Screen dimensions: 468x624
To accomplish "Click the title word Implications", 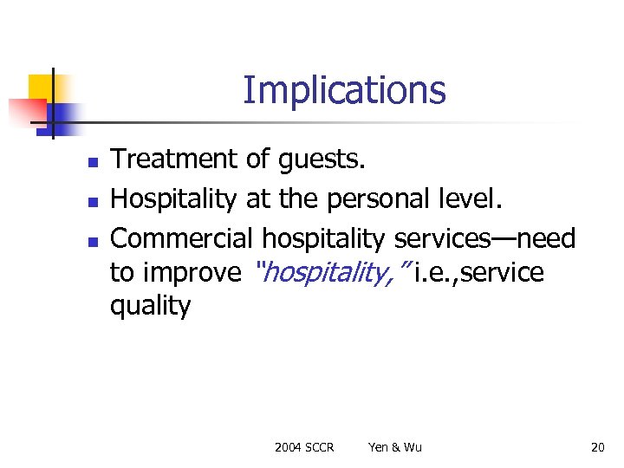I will click(344, 90).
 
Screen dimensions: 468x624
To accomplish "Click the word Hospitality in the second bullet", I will click(173, 199).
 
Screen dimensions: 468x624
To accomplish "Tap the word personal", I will click(383, 199).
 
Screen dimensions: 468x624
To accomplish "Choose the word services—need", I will click(484, 237).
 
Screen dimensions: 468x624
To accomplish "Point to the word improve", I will click(192, 274).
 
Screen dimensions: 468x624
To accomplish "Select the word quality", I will click(150, 306).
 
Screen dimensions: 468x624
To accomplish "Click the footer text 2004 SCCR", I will click(304, 447).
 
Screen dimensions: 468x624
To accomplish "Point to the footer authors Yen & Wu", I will click(395, 447).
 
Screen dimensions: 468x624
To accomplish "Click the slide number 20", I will click(597, 447).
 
